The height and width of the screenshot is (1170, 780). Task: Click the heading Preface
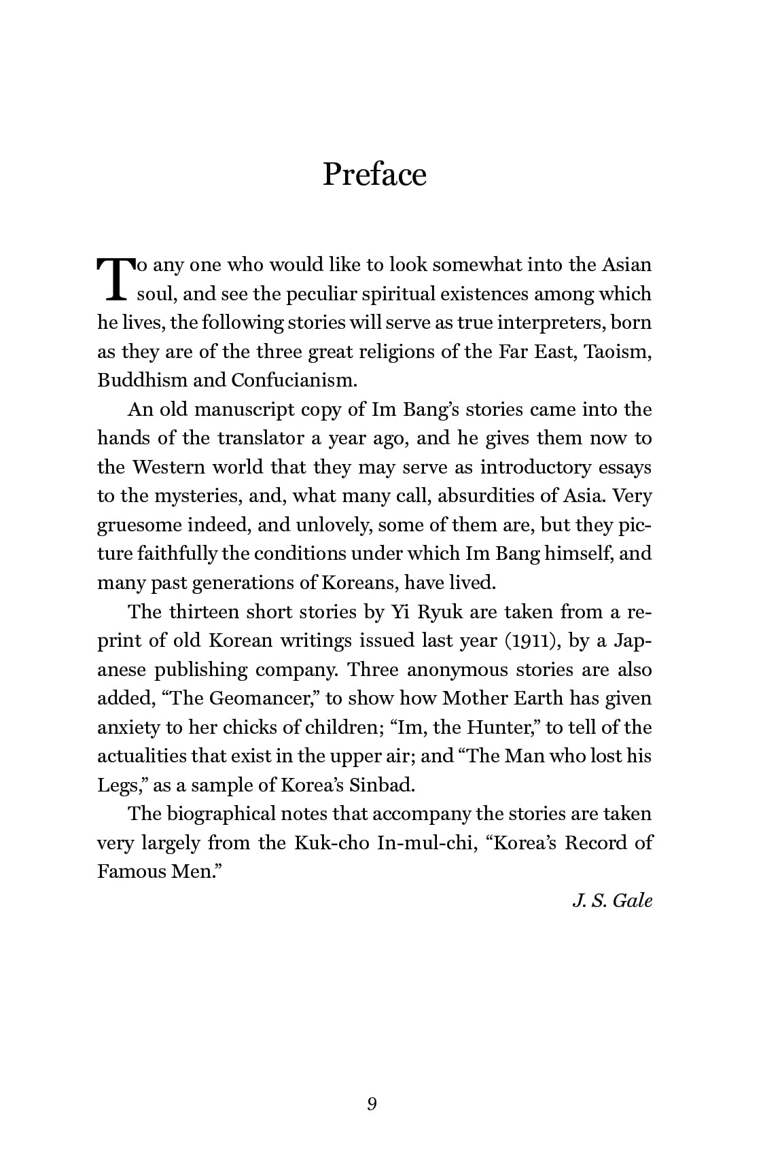click(x=374, y=174)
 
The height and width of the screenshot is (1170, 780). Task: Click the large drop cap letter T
click(x=114, y=279)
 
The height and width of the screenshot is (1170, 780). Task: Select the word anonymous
click(x=457, y=670)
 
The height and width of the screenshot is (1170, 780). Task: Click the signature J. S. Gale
click(x=612, y=901)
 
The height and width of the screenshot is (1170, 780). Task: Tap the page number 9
click(x=372, y=1104)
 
